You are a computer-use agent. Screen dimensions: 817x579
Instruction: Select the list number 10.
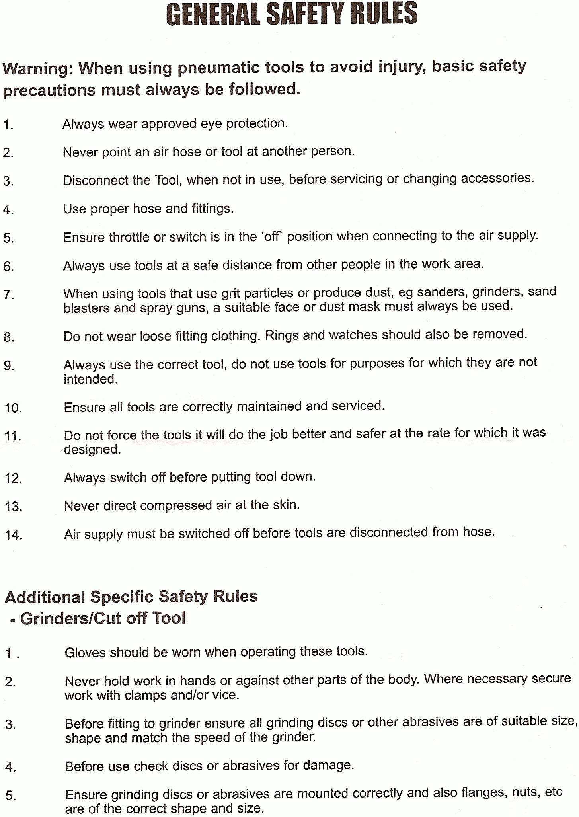(x=13, y=408)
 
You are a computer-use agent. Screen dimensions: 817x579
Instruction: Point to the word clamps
(x=145, y=695)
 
